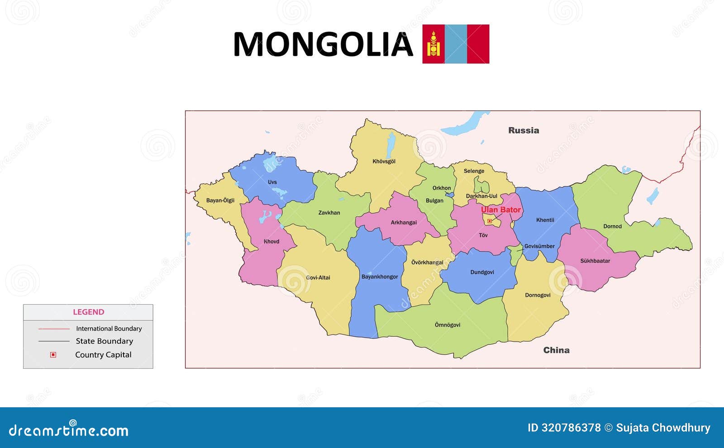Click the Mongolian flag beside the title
[456, 44]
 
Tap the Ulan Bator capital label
[500, 210]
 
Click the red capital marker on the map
[489, 221]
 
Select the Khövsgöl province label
[384, 162]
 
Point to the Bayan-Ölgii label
[220, 200]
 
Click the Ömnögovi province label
[448, 325]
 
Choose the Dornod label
[612, 226]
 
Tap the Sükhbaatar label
[595, 261]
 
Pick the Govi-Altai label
[318, 278]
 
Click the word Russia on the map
[524, 130]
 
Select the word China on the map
[556, 350]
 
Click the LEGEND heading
[88, 312]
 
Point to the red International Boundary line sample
[54, 329]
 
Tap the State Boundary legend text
[105, 341]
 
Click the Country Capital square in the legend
[53, 355]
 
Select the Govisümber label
[539, 247]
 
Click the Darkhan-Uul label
[481, 196]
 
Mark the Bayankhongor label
[380, 277]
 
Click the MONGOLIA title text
[323, 44]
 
